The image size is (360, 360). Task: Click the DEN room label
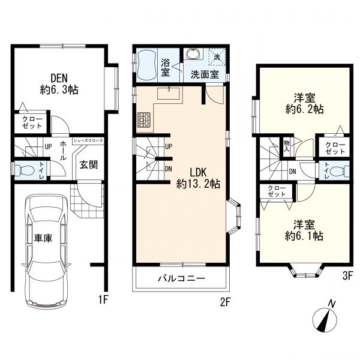[59, 84]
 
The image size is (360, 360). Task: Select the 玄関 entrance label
[89, 165]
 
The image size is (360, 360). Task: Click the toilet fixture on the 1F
[24, 170]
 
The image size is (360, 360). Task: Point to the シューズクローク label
[88, 141]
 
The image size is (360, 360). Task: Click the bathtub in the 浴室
[146, 65]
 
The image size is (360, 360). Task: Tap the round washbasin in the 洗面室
[193, 54]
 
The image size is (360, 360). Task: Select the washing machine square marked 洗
[217, 57]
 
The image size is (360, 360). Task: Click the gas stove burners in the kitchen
[144, 120]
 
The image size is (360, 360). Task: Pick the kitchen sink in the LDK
[169, 93]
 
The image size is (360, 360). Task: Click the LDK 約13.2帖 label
[198, 178]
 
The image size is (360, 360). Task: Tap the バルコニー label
[181, 278]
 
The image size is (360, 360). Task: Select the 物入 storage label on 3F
[287, 146]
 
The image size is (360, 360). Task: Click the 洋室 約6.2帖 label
[305, 104]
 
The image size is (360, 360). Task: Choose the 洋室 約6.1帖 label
[304, 230]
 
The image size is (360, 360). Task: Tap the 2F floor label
[225, 302]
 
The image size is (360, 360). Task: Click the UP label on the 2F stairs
[169, 147]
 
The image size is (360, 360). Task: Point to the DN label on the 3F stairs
[293, 172]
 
